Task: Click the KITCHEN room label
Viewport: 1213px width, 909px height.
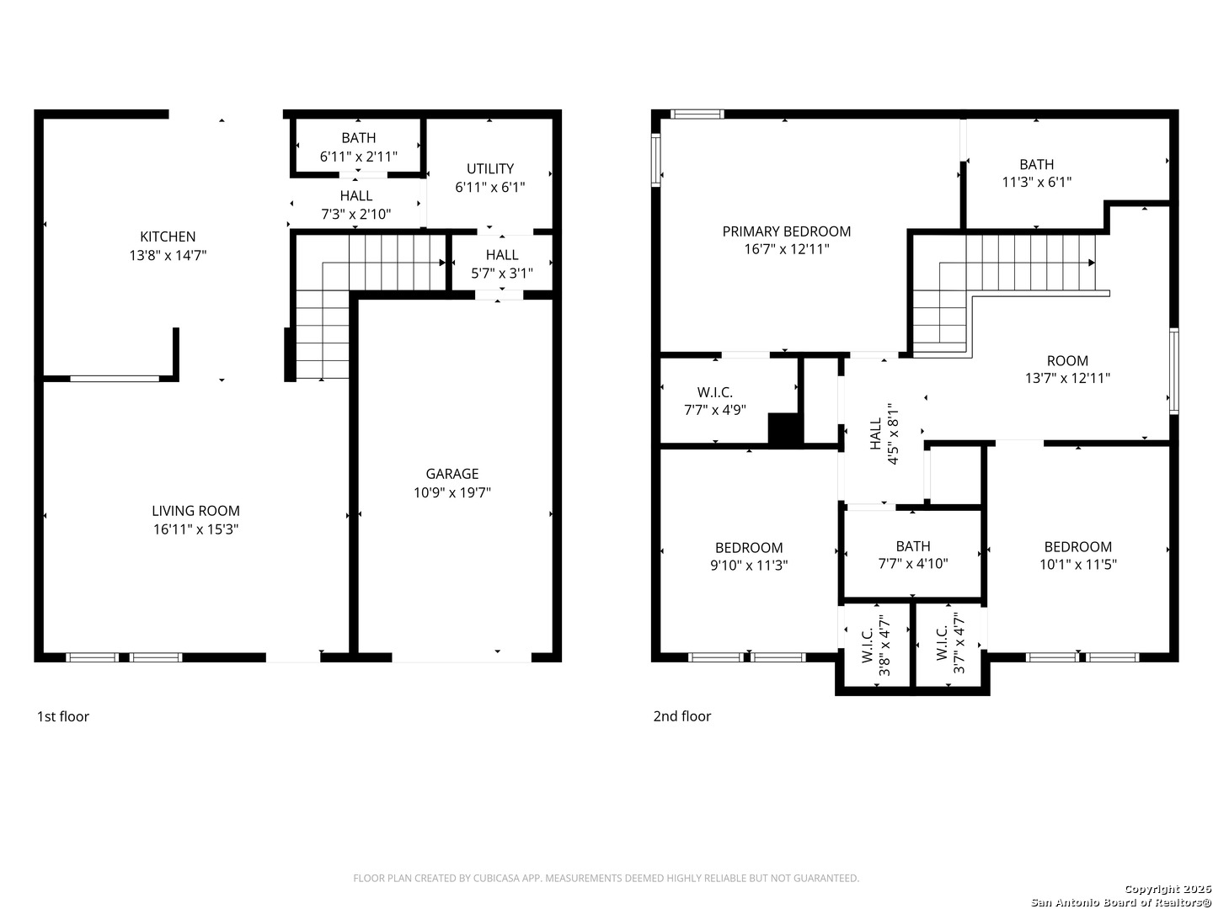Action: (168, 237)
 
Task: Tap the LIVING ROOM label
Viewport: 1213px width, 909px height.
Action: (195, 511)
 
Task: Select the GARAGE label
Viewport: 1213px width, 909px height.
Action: (452, 474)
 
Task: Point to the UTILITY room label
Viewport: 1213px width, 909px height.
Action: (490, 169)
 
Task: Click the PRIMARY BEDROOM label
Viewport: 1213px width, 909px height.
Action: (787, 231)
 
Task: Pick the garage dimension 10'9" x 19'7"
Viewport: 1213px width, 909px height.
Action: (452, 493)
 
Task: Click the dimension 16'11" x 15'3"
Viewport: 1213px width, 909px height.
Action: (195, 530)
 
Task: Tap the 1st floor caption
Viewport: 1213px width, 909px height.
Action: (63, 717)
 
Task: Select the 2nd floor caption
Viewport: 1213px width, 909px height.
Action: (682, 716)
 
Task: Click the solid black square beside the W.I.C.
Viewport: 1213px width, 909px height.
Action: (785, 429)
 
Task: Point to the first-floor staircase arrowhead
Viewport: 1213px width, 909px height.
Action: (442, 263)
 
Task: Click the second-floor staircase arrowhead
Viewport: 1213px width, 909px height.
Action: (1092, 263)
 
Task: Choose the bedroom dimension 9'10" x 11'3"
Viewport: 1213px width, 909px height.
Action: (749, 566)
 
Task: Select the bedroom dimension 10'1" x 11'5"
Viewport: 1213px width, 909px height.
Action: (1078, 565)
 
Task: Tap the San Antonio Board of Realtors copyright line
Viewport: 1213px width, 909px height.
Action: (1120, 902)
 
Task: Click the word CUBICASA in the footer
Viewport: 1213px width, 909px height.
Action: (494, 878)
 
